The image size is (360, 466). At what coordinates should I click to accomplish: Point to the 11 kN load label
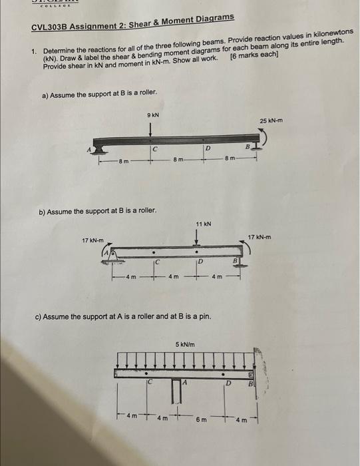tap(203, 224)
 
